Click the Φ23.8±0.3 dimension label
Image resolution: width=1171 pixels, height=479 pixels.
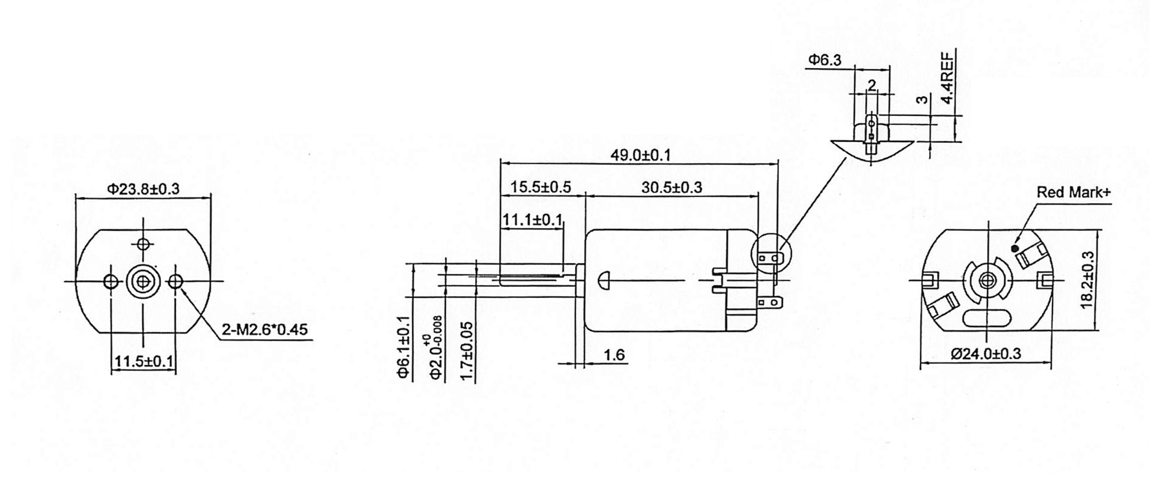click(143, 189)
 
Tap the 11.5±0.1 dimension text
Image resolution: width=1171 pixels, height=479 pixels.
click(144, 361)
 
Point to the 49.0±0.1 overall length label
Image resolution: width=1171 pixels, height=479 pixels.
click(640, 155)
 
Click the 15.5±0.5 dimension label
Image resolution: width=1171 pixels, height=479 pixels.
click(540, 187)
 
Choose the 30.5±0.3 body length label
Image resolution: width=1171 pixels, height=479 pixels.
click(671, 187)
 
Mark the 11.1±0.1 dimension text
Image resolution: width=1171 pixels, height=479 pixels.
click(532, 219)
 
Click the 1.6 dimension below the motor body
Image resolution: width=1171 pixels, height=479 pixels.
click(614, 355)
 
